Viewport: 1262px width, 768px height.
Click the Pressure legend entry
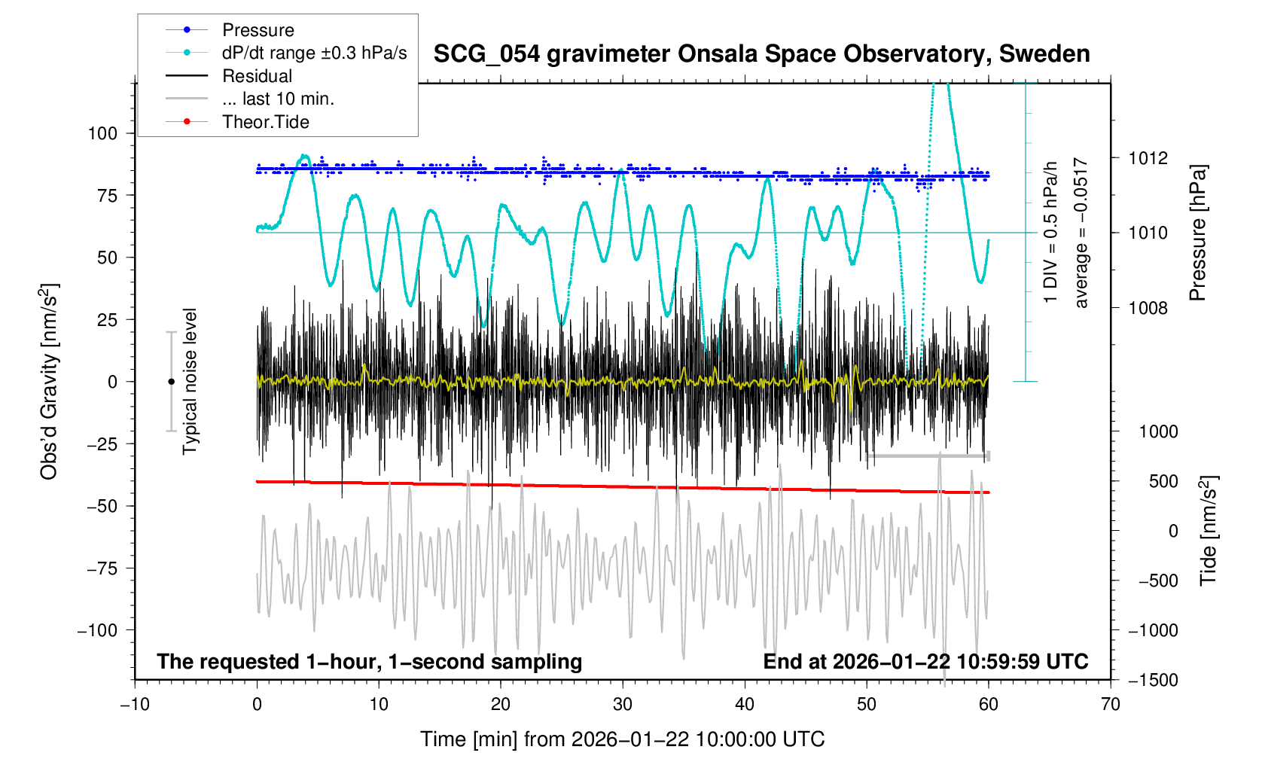pyautogui.click(x=258, y=30)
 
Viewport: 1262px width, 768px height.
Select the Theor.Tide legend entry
pyautogui.click(x=265, y=122)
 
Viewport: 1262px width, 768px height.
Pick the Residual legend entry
pyautogui.click(x=257, y=76)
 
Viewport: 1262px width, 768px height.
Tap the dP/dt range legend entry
pyautogui.click(x=314, y=53)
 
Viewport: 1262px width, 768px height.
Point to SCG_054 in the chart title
pyautogui.click(x=486, y=54)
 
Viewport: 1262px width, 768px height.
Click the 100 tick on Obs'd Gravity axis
pyautogui.click(x=102, y=133)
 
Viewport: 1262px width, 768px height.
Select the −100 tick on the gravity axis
pyautogui.click(x=98, y=630)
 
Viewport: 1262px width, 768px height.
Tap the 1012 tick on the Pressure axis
pyautogui.click(x=1148, y=158)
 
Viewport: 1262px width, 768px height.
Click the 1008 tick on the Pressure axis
pyautogui.click(x=1148, y=308)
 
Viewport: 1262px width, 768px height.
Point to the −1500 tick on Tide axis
pyautogui.click(x=1152, y=680)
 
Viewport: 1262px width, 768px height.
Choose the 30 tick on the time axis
pyautogui.click(x=623, y=705)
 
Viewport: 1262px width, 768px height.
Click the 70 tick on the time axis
pyautogui.click(x=1110, y=705)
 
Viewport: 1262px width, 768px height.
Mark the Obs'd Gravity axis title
pyautogui.click(x=50, y=382)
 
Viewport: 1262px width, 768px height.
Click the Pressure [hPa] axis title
pyautogui.click(x=1197, y=233)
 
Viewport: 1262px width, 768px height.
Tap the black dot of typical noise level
pyautogui.click(x=171, y=382)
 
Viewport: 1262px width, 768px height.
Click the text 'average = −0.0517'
pyautogui.click(x=1081, y=233)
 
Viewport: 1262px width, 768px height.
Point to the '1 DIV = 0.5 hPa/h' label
pyautogui.click(x=1051, y=233)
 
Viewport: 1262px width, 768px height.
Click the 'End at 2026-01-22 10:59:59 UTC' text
pyautogui.click(x=925, y=662)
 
